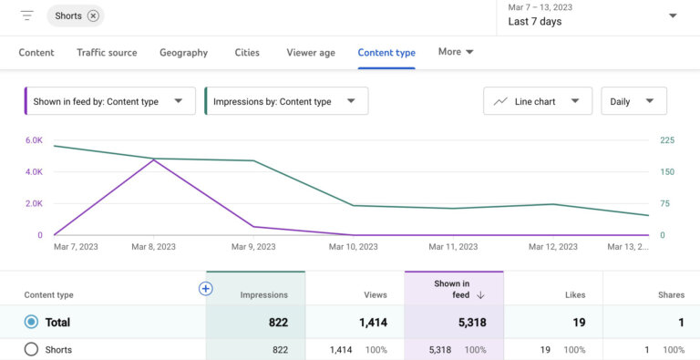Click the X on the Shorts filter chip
(93, 15)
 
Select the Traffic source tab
(108, 53)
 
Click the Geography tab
(183, 53)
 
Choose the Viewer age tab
(310, 53)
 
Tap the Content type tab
(386, 53)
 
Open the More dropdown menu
(456, 52)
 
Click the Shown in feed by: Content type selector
(109, 101)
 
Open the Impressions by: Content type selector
(285, 101)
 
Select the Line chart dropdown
(537, 101)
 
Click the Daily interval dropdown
(633, 101)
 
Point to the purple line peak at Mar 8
(153, 160)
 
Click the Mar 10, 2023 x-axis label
(353, 247)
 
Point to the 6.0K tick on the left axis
(34, 140)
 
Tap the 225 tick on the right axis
(668, 140)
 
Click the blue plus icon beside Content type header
(205, 289)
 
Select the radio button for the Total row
(32, 322)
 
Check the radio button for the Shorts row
(32, 349)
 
